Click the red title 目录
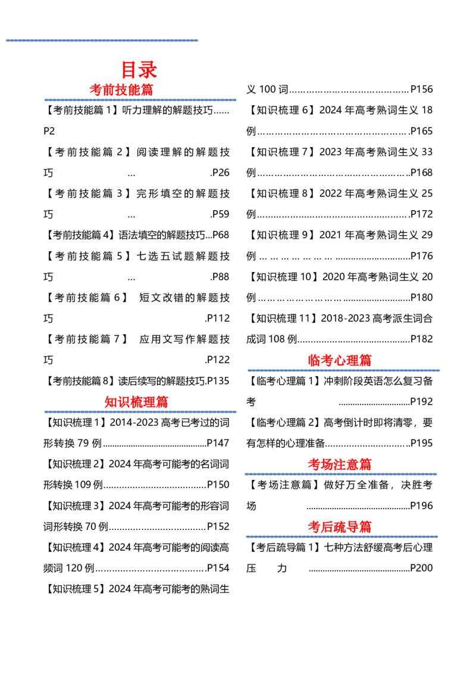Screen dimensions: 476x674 point(139,70)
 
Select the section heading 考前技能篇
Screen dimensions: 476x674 point(121,90)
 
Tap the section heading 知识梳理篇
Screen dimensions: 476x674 point(136,402)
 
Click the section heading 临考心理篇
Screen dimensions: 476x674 point(339,360)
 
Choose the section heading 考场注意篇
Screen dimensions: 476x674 point(339,464)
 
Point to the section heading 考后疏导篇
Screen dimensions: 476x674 point(339,526)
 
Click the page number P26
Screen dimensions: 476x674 point(221,173)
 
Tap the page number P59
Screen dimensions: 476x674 point(221,214)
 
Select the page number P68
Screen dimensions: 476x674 point(221,235)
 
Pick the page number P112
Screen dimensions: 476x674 point(218,318)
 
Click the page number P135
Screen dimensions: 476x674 point(218,381)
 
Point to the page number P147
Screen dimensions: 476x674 point(218,443)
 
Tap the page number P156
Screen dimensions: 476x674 point(421,89)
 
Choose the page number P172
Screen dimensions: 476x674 point(421,214)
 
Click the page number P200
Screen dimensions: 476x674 point(421,568)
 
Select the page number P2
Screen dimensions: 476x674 point(49,131)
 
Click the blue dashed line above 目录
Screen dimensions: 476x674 point(102,40)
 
